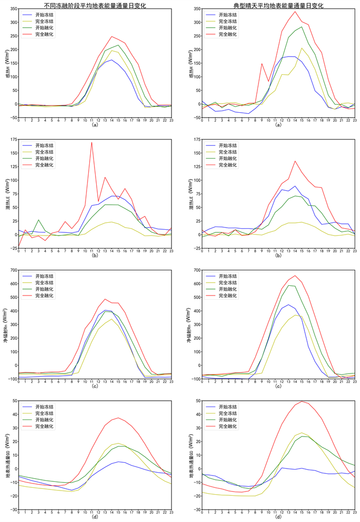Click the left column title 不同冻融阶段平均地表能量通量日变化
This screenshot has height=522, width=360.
(95, 5)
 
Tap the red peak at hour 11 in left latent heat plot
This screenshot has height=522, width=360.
(92, 142)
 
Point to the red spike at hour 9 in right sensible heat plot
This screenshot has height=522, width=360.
(262, 64)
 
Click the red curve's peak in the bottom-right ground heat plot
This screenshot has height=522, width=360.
(302, 401)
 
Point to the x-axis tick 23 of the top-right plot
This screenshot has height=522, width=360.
(355, 120)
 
